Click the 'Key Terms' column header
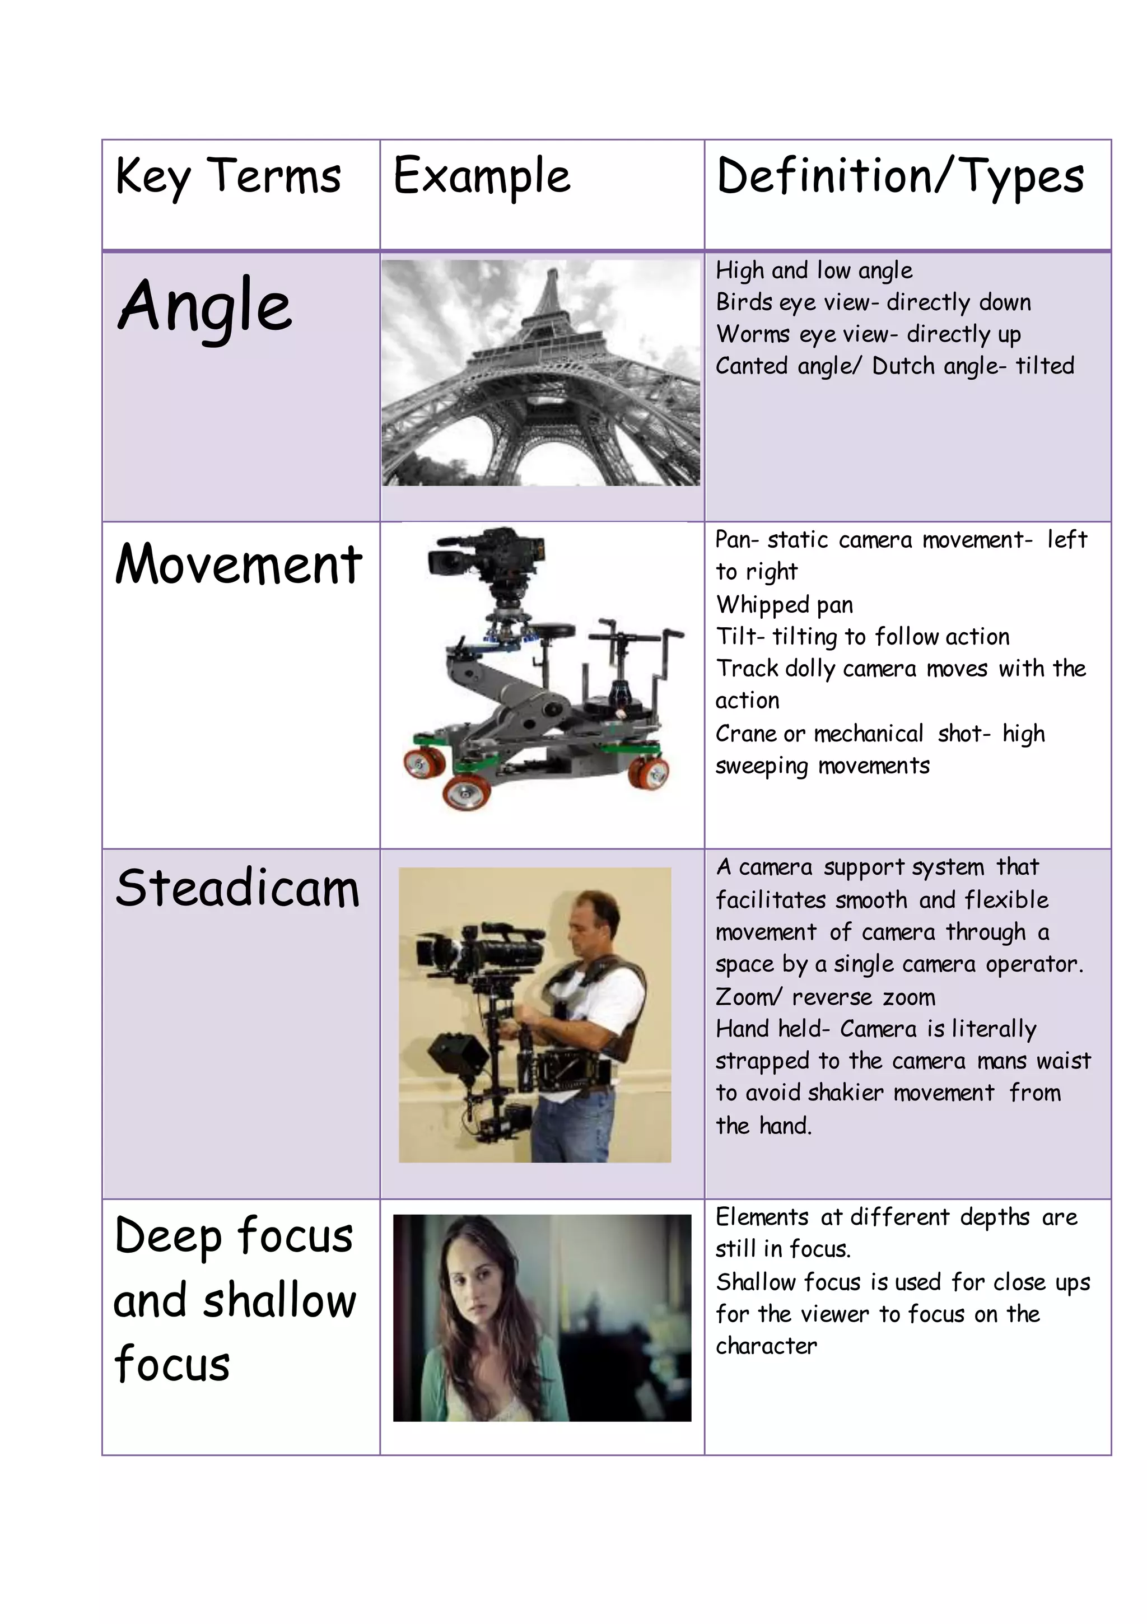click(228, 177)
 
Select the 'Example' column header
click(482, 177)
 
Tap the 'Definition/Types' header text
click(900, 177)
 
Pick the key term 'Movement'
click(239, 565)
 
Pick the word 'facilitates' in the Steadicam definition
click(771, 900)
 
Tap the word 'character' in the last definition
click(766, 1346)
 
